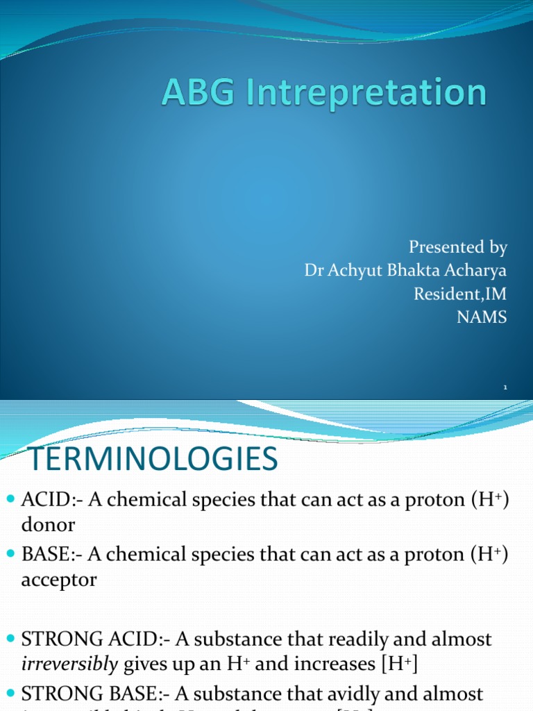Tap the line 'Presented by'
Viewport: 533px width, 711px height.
pyautogui.click(x=458, y=247)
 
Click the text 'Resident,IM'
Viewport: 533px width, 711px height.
pyautogui.click(x=461, y=294)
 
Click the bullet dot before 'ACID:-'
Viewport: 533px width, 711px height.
pyautogui.click(x=10, y=501)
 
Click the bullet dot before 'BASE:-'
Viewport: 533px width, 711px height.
pyautogui.click(x=10, y=555)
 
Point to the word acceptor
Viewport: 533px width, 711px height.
pyautogui.click(x=58, y=580)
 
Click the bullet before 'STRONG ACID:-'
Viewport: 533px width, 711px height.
pyautogui.click(x=10, y=639)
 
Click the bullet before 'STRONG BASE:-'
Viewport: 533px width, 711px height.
pyautogui.click(x=10, y=692)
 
